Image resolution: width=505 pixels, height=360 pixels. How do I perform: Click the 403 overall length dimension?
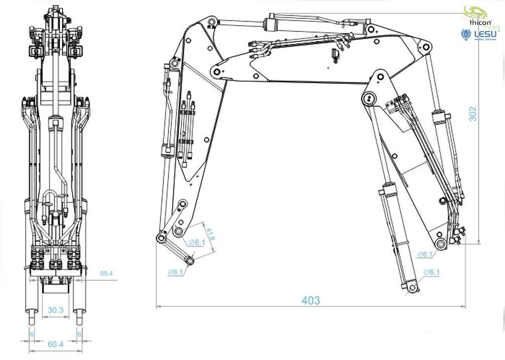coord(311,300)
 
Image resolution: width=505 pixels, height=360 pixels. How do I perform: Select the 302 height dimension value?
coord(472,114)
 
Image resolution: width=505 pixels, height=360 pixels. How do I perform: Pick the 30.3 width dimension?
coord(55,310)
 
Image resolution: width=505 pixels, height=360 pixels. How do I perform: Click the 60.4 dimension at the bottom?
coord(55,344)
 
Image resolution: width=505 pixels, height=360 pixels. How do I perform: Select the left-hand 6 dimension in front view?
coord(32,334)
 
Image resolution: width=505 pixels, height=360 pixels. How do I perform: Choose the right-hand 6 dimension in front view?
coord(79,334)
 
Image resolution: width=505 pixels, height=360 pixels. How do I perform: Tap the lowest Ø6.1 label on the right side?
coord(432,272)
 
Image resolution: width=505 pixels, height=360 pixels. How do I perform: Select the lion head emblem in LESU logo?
coord(466,35)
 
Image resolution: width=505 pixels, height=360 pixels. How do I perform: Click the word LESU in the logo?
coord(485,34)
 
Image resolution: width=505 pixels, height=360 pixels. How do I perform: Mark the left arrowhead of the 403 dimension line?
coord(157,307)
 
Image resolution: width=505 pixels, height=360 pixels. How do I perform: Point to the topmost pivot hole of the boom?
coord(211,22)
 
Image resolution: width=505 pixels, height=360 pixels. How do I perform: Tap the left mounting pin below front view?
coord(32,316)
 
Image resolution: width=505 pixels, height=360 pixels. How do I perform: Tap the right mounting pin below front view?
coord(79,316)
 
